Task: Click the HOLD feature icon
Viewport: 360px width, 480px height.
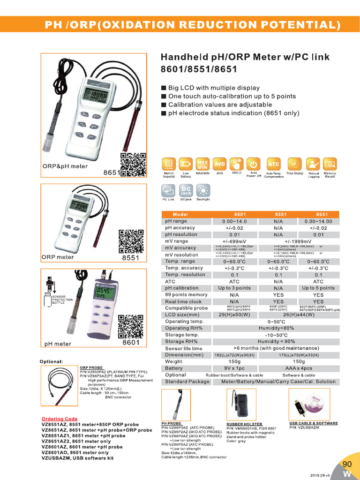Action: point(236,164)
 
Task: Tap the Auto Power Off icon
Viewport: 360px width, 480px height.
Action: point(253,164)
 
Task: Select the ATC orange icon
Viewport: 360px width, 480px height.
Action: point(273,164)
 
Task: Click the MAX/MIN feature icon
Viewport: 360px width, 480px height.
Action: point(202,164)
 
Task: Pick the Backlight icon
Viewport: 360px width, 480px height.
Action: point(203,190)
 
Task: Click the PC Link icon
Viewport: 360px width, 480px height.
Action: point(168,190)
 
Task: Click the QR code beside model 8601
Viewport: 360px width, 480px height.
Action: point(131,327)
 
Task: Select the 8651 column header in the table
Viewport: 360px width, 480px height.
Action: point(318,214)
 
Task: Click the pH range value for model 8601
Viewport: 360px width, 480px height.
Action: point(234,221)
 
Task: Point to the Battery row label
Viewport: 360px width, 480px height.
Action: point(174,368)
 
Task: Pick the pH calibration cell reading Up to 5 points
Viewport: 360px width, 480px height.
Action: point(318,288)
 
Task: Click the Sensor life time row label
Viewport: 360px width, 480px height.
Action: point(184,348)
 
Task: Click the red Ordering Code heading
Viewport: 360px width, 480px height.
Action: point(60,419)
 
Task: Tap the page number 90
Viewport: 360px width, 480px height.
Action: point(347,464)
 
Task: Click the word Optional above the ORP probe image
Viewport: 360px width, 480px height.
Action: point(52,361)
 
